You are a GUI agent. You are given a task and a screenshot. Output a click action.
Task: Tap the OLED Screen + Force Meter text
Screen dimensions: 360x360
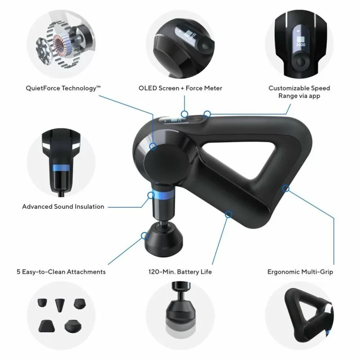(x=180, y=89)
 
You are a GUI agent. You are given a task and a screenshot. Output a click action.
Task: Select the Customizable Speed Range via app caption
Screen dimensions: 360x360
(x=299, y=92)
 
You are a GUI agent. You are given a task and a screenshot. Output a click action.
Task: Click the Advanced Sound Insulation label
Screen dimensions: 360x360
(x=63, y=207)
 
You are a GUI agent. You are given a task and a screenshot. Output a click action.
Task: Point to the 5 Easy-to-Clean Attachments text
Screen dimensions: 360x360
(x=60, y=272)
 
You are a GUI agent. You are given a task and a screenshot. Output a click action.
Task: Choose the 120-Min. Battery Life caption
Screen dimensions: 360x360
(x=180, y=272)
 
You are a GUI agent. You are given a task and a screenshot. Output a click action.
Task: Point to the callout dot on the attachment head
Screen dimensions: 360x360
(x=145, y=235)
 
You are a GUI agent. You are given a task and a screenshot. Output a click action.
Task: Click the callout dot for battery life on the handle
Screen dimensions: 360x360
(x=229, y=215)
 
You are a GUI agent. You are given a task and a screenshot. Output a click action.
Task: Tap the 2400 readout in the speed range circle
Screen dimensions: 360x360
(x=300, y=45)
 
